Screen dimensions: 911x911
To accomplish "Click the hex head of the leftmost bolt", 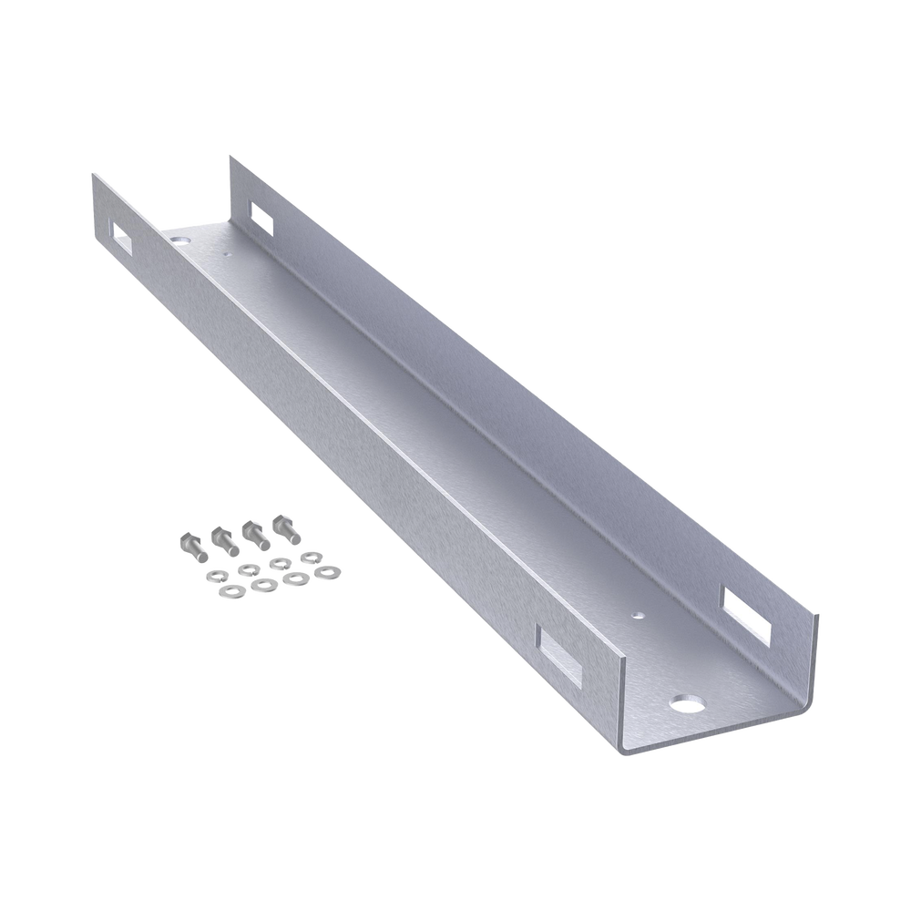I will (184, 539).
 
